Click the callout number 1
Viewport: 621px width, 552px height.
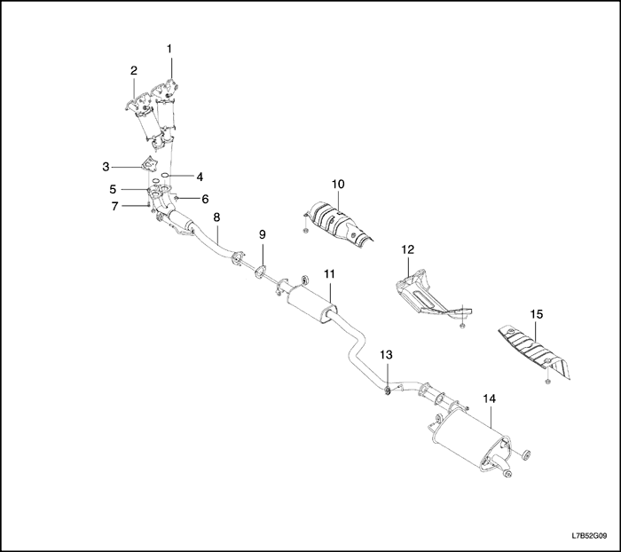169,49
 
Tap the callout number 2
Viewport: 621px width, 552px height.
134,70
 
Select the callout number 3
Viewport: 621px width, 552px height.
106,167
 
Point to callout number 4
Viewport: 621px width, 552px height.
200,177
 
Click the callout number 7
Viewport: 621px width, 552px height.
114,206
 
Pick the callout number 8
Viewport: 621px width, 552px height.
216,217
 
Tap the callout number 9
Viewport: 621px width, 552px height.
263,234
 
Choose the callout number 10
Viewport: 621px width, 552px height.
338,184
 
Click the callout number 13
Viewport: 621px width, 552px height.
386,354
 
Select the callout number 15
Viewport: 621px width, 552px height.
537,315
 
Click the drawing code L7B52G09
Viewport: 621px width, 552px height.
590,536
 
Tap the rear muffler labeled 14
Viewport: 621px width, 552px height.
471,440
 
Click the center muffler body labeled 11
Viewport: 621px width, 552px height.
311,304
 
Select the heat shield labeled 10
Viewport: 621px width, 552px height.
339,225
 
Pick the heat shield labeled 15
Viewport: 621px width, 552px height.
535,351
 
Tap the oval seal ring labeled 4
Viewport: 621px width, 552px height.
166,175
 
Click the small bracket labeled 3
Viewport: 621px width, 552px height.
148,163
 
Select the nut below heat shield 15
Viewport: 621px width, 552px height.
547,382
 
